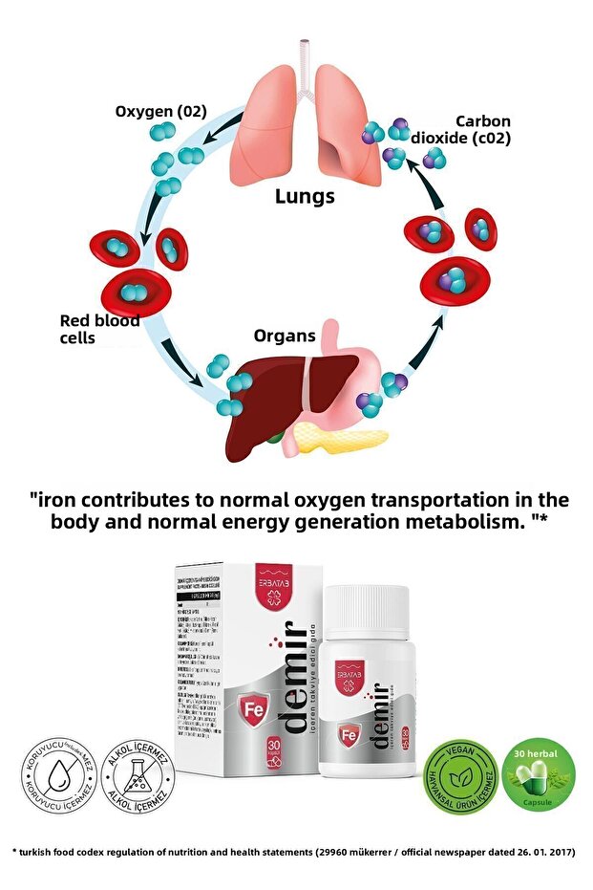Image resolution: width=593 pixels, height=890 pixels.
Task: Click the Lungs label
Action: (305, 197)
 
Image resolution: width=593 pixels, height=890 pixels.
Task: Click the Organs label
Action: (285, 336)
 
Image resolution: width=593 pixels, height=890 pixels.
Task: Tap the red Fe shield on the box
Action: (253, 713)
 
